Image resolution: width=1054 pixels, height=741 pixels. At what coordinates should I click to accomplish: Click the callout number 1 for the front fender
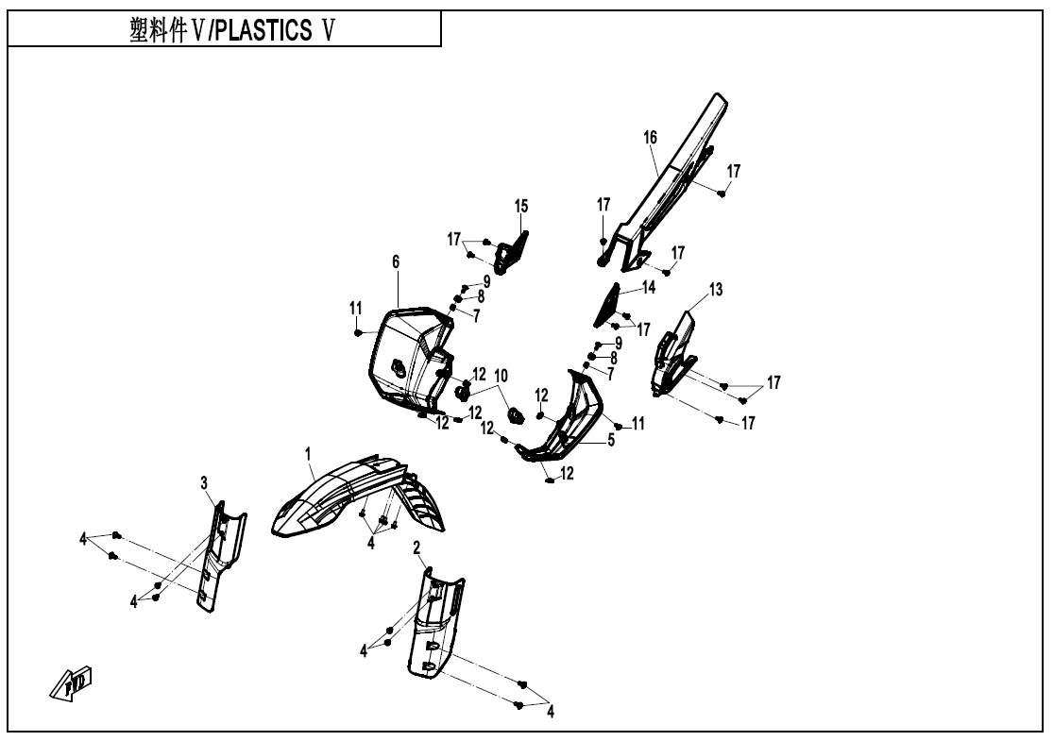[308, 455]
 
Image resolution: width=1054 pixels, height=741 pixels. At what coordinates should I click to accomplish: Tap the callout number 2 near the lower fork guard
[416, 547]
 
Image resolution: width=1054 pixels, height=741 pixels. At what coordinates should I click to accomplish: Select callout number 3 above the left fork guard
[204, 482]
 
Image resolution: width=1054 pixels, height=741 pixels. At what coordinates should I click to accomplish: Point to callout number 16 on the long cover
[650, 138]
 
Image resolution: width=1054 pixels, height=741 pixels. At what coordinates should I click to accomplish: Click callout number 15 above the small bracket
[521, 205]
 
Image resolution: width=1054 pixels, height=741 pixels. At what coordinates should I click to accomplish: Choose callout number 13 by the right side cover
[716, 289]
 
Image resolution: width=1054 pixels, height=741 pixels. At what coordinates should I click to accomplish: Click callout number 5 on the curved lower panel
[611, 440]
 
